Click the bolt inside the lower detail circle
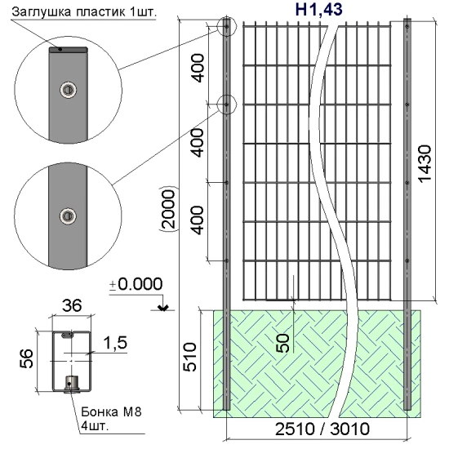click(x=65, y=216)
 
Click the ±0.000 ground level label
click(x=137, y=284)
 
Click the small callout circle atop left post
click(x=226, y=27)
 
